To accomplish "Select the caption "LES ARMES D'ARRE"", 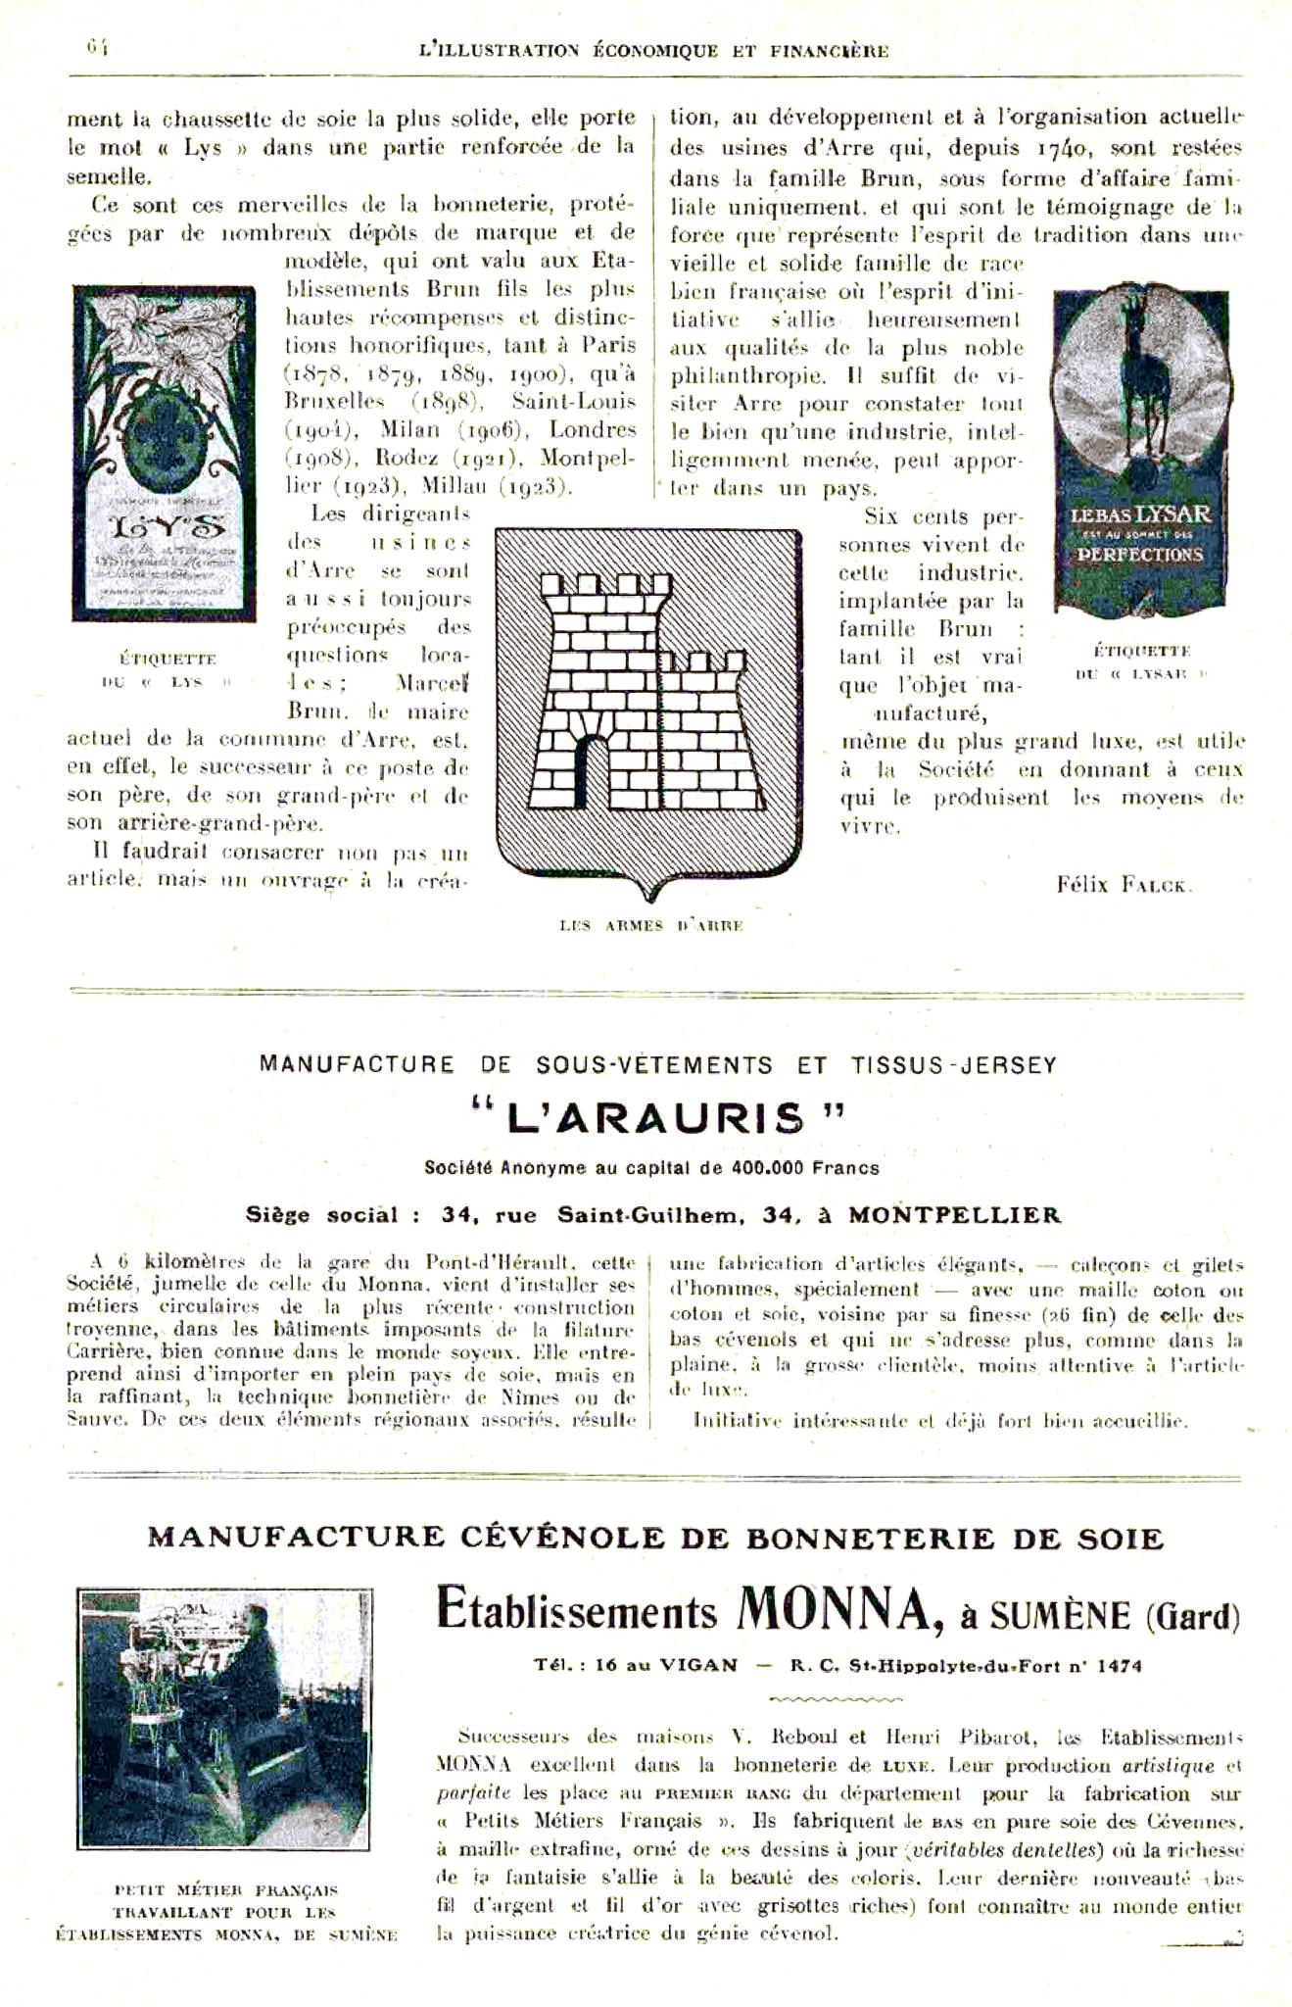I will tap(651, 925).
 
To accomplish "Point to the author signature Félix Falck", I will tap(1124, 885).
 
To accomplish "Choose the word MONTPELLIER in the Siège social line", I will tap(954, 1215).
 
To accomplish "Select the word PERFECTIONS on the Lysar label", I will tap(1139, 554).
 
